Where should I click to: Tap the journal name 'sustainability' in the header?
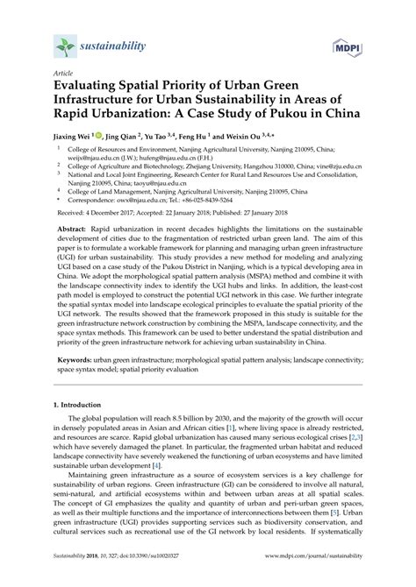pos(114,42)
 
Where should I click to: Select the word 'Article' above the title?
pos(64,76)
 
